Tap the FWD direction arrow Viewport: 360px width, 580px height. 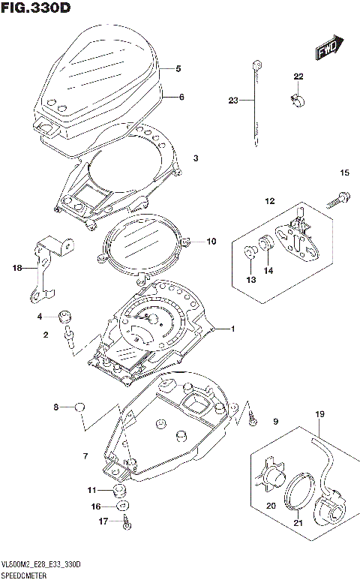pyautogui.click(x=329, y=49)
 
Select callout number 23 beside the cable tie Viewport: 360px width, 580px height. pyautogui.click(x=233, y=100)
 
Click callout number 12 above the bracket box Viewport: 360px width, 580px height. pyautogui.click(x=269, y=201)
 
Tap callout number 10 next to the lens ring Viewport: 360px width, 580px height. pyautogui.click(x=211, y=242)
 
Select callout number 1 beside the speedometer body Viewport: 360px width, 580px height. pyautogui.click(x=232, y=329)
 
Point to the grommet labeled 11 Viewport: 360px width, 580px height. pyautogui.click(x=117, y=491)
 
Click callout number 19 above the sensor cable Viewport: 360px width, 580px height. pyautogui.click(x=319, y=414)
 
